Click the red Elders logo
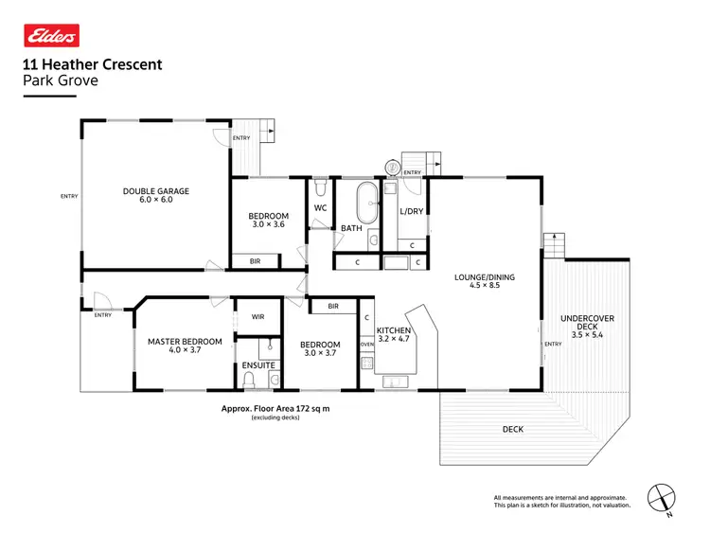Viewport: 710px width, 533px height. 51,36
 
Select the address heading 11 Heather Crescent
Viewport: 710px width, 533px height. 92,64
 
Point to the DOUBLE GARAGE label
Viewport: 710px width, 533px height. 156,191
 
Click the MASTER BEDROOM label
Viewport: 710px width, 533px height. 185,342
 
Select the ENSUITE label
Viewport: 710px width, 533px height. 258,364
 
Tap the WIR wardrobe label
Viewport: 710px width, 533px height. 257,317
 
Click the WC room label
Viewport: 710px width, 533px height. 320,208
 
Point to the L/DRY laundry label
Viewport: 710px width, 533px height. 412,211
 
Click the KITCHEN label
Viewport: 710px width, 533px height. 394,330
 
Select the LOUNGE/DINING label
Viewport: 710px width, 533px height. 485,276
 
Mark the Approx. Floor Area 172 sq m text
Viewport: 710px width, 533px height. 275,408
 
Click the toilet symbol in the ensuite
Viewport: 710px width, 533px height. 251,380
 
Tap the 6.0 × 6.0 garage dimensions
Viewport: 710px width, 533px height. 156,200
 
